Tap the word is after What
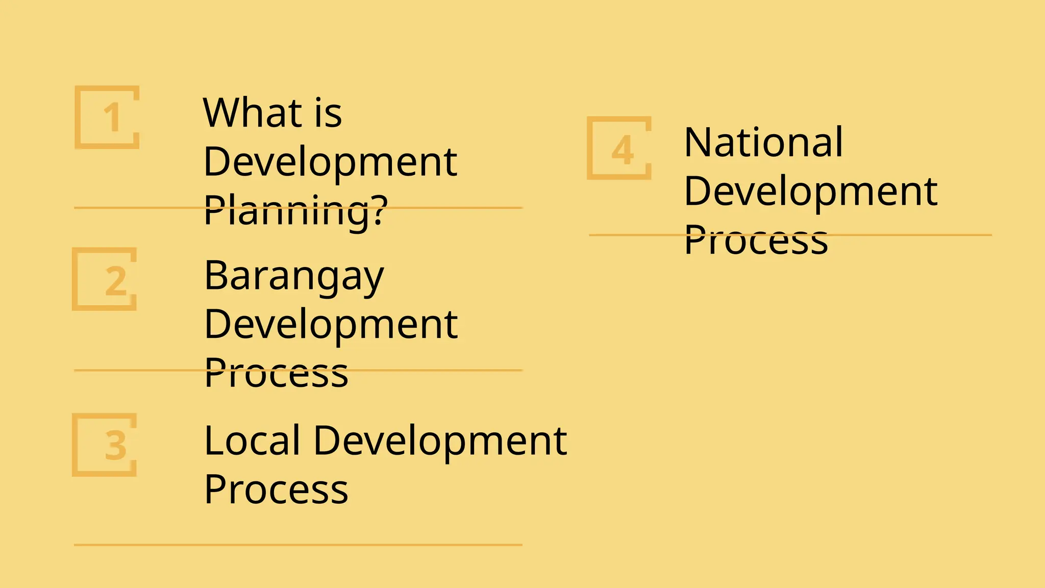coord(328,113)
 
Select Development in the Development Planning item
coord(330,162)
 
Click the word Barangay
coord(294,276)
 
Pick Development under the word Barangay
coord(331,325)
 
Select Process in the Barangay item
coord(276,373)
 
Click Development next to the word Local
coord(440,440)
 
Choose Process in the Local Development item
coord(276,489)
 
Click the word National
coord(763,142)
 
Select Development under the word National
coord(810,191)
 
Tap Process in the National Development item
coord(756,240)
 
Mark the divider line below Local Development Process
coord(298,545)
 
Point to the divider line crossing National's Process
coord(908,235)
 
